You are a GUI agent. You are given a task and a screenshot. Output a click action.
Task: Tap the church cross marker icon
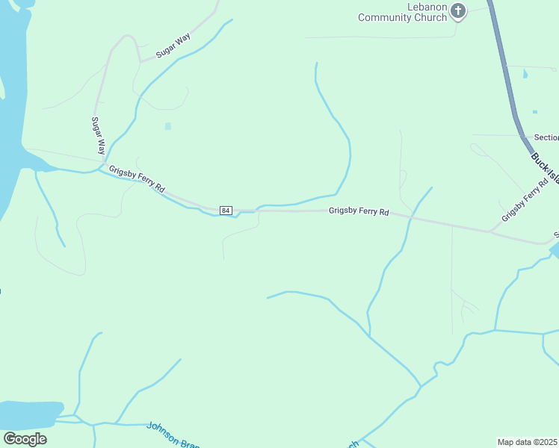[458, 11]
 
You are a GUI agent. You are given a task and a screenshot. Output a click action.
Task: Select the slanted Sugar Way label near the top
[173, 46]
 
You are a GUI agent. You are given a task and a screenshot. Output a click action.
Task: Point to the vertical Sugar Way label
[97, 135]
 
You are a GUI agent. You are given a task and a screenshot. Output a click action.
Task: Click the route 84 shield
[226, 211]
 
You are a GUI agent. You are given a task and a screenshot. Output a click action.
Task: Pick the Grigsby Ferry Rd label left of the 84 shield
[137, 180]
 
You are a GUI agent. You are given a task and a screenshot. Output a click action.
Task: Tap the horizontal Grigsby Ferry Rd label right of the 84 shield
[359, 212]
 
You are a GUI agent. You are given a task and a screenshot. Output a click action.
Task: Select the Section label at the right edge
[546, 137]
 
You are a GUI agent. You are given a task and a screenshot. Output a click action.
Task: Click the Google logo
[25, 439]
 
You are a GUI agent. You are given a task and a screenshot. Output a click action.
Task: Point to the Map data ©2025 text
[528, 442]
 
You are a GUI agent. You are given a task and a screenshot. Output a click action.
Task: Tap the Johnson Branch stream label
[173, 435]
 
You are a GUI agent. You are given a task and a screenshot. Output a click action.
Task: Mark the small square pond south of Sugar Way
[167, 126]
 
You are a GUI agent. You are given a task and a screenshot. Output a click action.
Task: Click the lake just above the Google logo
[28, 413]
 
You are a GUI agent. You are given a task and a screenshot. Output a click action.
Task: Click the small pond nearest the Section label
[534, 112]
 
